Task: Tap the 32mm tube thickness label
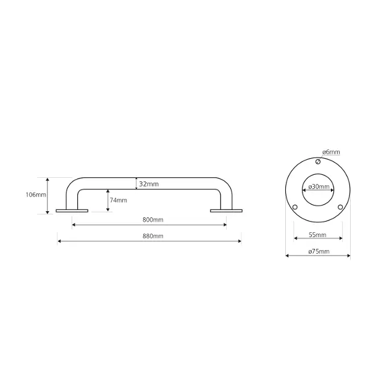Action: (149, 184)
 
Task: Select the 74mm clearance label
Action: (119, 200)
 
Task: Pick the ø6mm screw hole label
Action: (331, 152)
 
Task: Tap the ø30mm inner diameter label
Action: (318, 187)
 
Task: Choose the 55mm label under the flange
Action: (318, 235)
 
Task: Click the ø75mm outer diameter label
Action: (318, 251)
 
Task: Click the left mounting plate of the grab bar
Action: (72, 211)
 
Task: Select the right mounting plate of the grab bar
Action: (226, 211)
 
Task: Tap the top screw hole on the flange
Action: (318, 162)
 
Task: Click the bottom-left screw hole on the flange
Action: (295, 206)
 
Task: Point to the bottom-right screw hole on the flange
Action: (340, 206)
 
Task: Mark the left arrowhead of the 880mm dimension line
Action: (59, 241)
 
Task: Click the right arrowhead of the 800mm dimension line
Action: (224, 225)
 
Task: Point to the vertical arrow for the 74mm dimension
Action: (108, 201)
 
